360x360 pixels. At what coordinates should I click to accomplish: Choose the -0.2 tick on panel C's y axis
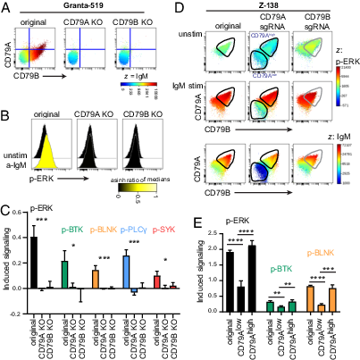click(x=18, y=314)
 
